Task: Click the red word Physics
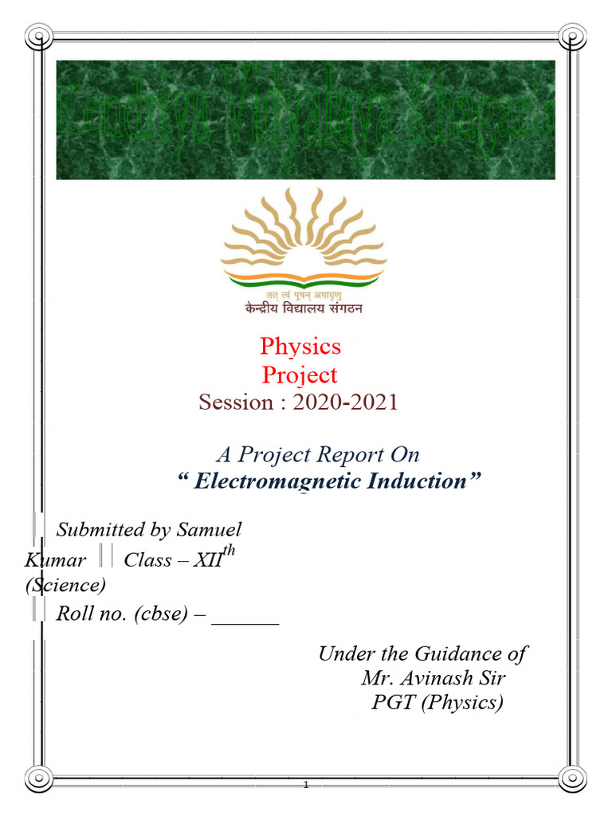(300, 346)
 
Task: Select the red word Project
(300, 375)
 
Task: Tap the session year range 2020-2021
(345, 402)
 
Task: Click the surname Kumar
(55, 560)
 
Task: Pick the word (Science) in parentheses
(65, 586)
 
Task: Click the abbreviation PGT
(393, 703)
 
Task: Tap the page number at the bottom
(305, 785)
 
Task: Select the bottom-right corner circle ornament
(573, 778)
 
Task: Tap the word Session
(235, 402)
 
